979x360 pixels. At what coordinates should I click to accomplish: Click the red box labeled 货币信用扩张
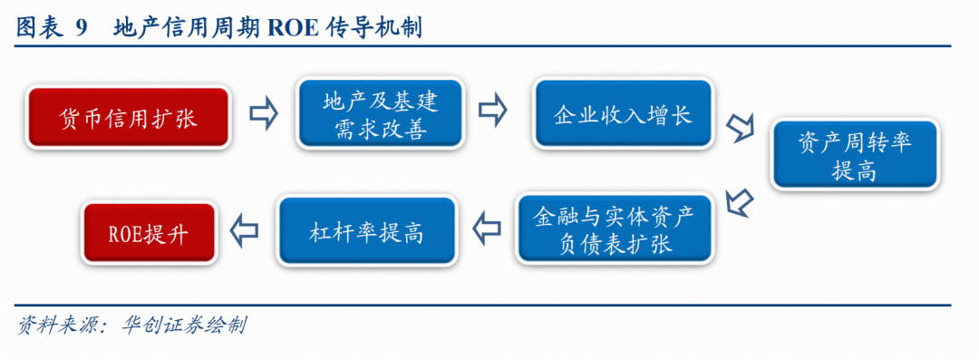[x=129, y=118]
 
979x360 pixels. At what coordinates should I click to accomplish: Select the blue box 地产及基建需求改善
[x=380, y=113]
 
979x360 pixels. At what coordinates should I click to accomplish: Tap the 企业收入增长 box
[x=623, y=113]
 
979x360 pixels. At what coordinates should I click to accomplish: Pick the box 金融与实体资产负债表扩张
[x=615, y=228]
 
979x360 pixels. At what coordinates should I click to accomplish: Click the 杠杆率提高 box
[x=366, y=230]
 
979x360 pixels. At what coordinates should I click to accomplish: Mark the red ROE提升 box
[x=150, y=232]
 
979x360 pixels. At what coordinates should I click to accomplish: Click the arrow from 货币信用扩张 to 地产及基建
[x=263, y=113]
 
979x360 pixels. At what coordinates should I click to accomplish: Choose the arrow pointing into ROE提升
[x=244, y=230]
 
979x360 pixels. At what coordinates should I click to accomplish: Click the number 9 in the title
[x=82, y=28]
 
